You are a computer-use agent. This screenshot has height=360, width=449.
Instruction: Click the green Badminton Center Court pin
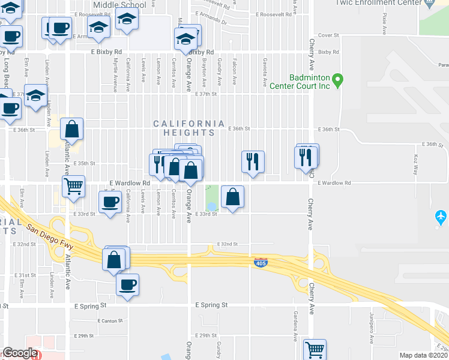tap(338, 79)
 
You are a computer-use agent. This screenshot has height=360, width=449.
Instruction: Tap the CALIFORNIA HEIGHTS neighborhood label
tap(188, 124)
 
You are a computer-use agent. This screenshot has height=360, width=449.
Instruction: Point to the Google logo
tap(20, 353)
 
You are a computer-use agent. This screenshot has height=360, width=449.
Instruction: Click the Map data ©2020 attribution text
tap(424, 355)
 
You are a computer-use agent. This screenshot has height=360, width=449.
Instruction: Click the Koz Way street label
tap(416, 164)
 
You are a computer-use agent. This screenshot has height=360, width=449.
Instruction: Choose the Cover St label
tap(328, 35)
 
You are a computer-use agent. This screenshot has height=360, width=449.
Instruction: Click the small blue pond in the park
tap(211, 207)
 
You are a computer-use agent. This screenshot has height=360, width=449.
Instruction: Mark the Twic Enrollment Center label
tap(385, 3)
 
